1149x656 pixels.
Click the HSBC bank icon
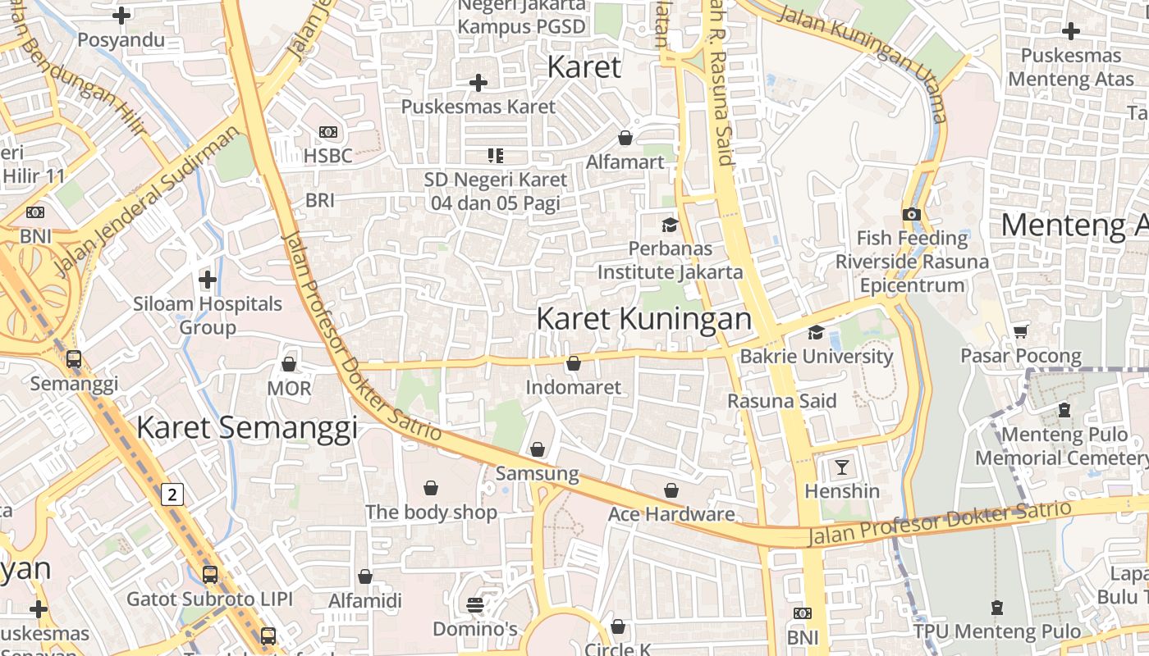327,132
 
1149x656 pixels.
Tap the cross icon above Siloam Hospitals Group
208,280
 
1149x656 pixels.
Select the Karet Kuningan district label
643,319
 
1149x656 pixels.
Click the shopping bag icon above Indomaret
574,362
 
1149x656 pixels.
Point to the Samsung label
537,473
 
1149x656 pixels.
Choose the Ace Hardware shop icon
671,490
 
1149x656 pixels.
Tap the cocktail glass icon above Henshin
842,467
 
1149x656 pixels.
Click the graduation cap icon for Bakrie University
816,332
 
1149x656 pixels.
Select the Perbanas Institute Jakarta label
670,260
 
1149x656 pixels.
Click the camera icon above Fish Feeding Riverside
911,214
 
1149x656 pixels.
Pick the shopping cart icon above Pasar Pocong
1021,331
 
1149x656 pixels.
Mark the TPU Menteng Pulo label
997,631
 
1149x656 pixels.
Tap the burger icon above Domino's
475,605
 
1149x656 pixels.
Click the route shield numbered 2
172,494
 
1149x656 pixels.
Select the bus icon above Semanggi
74,359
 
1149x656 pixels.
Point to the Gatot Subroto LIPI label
208,599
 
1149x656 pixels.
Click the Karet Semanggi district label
246,428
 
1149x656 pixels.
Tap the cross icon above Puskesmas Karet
478,83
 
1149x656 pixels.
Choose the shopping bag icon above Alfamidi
365,576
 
